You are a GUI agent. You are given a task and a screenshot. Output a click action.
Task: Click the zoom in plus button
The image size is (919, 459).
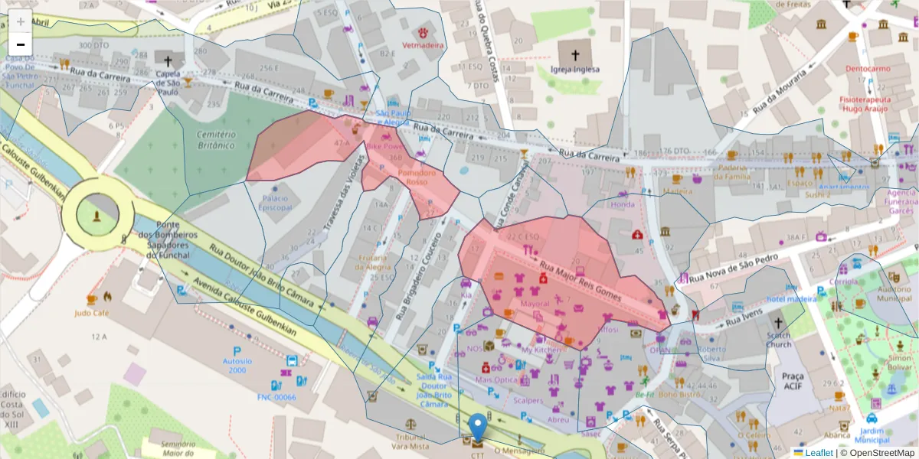point(21,21)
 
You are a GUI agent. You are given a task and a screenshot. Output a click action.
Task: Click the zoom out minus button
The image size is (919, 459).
point(21,44)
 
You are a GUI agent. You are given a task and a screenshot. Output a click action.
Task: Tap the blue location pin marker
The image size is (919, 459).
point(478,427)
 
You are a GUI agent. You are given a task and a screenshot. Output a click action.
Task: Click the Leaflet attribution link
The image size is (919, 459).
point(818,453)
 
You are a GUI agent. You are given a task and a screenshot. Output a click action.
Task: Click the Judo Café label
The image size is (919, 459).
point(92,314)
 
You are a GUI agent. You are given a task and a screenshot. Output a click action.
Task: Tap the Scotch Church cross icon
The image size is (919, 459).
point(779,323)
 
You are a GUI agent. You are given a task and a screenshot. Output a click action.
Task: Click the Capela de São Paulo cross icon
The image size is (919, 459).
point(168,60)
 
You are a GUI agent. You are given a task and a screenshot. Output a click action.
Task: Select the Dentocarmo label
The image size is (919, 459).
point(868,68)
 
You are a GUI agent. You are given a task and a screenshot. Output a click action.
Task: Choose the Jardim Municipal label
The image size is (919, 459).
point(872,436)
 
